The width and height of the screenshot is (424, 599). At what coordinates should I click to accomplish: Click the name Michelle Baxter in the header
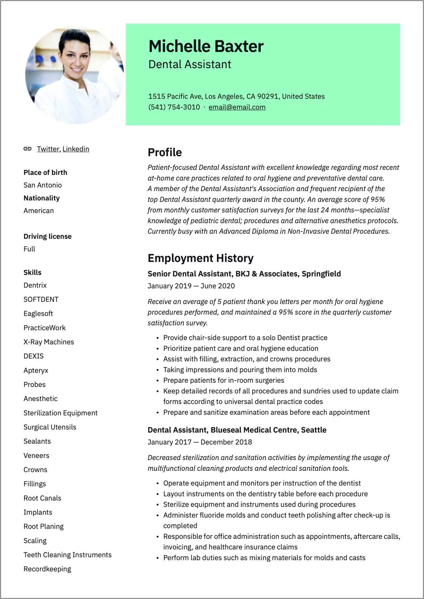(206, 46)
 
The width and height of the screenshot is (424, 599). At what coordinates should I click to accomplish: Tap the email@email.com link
(237, 107)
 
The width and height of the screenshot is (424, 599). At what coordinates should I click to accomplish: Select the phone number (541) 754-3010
(174, 107)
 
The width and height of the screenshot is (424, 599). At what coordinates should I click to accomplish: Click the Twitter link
(48, 149)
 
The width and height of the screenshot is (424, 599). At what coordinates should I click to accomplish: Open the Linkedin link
(76, 149)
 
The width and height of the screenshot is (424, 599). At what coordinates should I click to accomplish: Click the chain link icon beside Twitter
(27, 149)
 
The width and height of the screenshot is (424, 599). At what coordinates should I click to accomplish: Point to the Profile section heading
(164, 152)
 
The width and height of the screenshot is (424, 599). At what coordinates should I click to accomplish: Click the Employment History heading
(200, 258)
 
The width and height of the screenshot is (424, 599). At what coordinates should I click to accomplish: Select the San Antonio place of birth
(43, 185)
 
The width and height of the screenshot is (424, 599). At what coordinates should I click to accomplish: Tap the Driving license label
(47, 236)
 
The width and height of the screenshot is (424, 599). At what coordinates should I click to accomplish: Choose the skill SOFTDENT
(41, 299)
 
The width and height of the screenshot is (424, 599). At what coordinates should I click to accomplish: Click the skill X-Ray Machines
(49, 342)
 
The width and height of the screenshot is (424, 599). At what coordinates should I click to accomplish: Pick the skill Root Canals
(42, 498)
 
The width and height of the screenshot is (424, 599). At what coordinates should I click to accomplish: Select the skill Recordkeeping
(47, 569)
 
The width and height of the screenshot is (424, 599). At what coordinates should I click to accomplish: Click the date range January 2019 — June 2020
(191, 286)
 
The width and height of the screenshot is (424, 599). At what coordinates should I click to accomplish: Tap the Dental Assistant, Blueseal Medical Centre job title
(237, 430)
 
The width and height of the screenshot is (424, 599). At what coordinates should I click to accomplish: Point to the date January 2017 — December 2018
(199, 442)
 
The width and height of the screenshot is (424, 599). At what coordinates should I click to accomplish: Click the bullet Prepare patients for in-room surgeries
(223, 380)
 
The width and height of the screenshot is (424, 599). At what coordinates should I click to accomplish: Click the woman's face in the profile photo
(76, 58)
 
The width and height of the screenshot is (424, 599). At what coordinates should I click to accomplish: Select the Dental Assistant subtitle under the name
(190, 64)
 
